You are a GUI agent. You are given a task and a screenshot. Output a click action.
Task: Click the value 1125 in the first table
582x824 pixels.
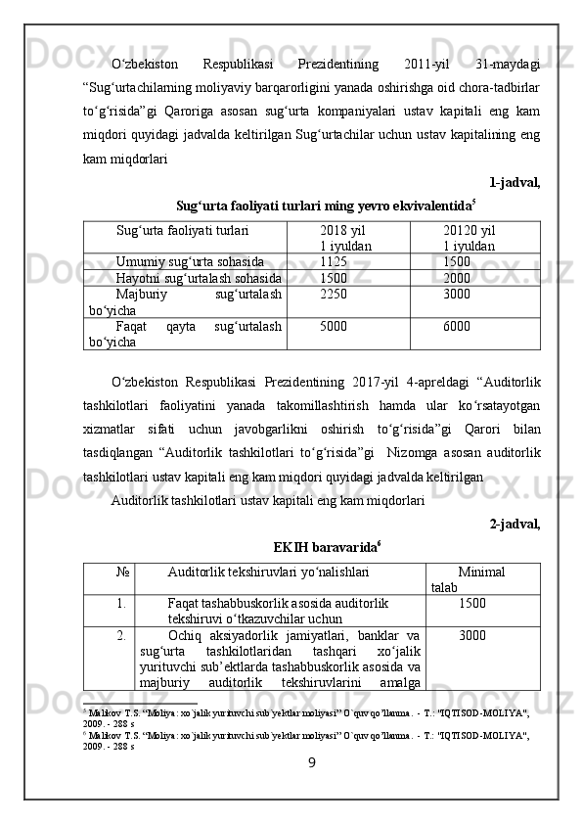point(333,262)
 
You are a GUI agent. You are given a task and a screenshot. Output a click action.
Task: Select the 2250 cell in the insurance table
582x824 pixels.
point(333,294)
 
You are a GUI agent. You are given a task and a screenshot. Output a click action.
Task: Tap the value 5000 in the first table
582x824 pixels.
point(333,326)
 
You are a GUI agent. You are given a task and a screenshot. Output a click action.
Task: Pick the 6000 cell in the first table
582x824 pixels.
point(456,326)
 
